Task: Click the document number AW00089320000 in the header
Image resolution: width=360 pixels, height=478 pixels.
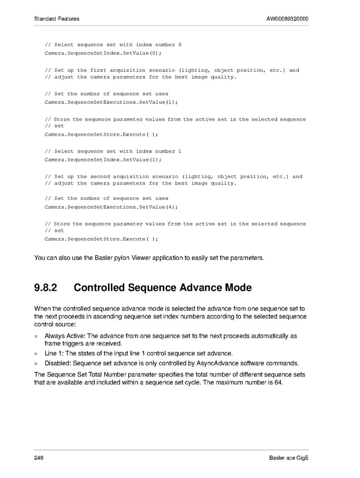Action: (287, 19)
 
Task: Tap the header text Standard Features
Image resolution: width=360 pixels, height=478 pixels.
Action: (56, 19)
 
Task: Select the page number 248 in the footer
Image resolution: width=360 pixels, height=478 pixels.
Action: (39, 458)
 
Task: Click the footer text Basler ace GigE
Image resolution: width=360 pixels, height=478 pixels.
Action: (289, 458)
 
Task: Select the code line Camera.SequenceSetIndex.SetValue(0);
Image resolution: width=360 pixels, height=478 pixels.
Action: (103, 53)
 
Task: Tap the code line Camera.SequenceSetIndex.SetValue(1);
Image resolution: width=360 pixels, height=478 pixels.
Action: (103, 160)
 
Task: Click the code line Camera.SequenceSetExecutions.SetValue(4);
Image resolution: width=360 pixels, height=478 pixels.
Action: (111, 207)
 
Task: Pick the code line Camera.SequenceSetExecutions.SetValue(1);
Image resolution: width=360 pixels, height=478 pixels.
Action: (111, 102)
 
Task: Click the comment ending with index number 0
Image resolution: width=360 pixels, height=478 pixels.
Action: (113, 45)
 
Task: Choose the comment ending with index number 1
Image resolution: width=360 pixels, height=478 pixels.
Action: (113, 151)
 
